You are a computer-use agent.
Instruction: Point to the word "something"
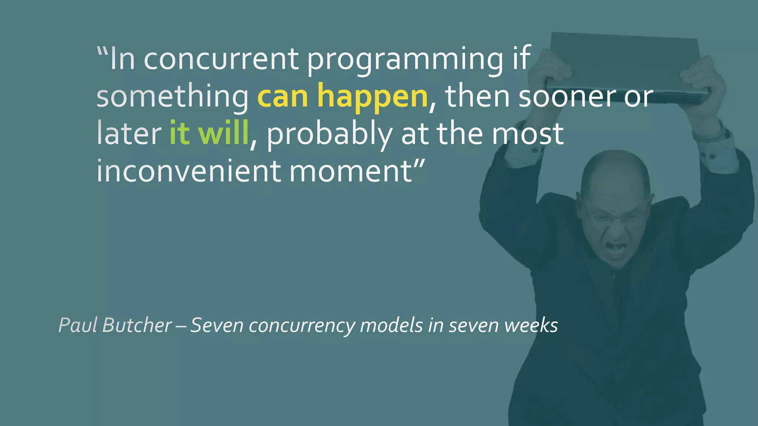(x=172, y=97)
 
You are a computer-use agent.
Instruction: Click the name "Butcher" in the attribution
(x=137, y=325)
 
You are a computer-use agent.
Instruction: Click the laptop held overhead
(x=625, y=67)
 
